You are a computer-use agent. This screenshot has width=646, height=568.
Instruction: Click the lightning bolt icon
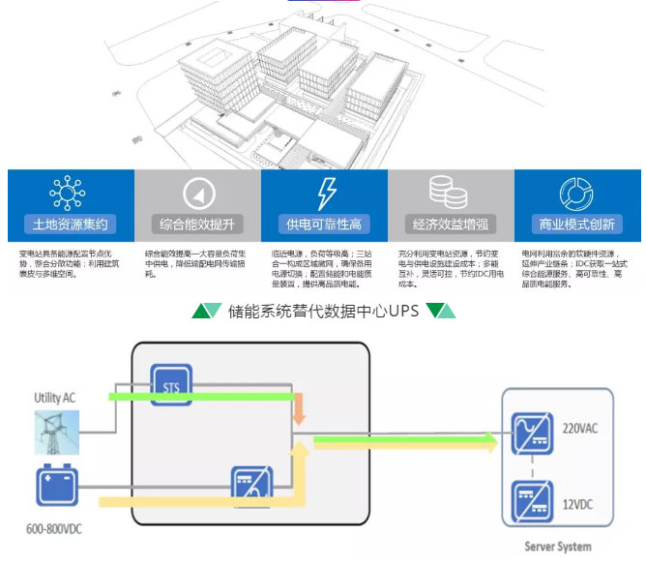point(324,192)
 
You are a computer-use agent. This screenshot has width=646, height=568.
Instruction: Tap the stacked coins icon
point(451,192)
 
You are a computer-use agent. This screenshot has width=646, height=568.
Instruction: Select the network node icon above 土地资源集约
point(69,192)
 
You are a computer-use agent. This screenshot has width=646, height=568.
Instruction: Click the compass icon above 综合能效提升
point(196,193)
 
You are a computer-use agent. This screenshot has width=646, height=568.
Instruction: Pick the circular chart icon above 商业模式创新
point(577,192)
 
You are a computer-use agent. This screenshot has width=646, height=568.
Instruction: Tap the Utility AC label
point(54,398)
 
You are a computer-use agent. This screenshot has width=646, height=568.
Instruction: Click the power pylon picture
point(57,432)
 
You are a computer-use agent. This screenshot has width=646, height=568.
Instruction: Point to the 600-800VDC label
point(57,528)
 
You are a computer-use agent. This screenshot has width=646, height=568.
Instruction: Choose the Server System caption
point(556,547)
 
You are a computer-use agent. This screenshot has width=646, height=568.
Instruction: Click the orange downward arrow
point(300,408)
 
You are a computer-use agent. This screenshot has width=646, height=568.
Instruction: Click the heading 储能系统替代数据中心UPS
point(324,312)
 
